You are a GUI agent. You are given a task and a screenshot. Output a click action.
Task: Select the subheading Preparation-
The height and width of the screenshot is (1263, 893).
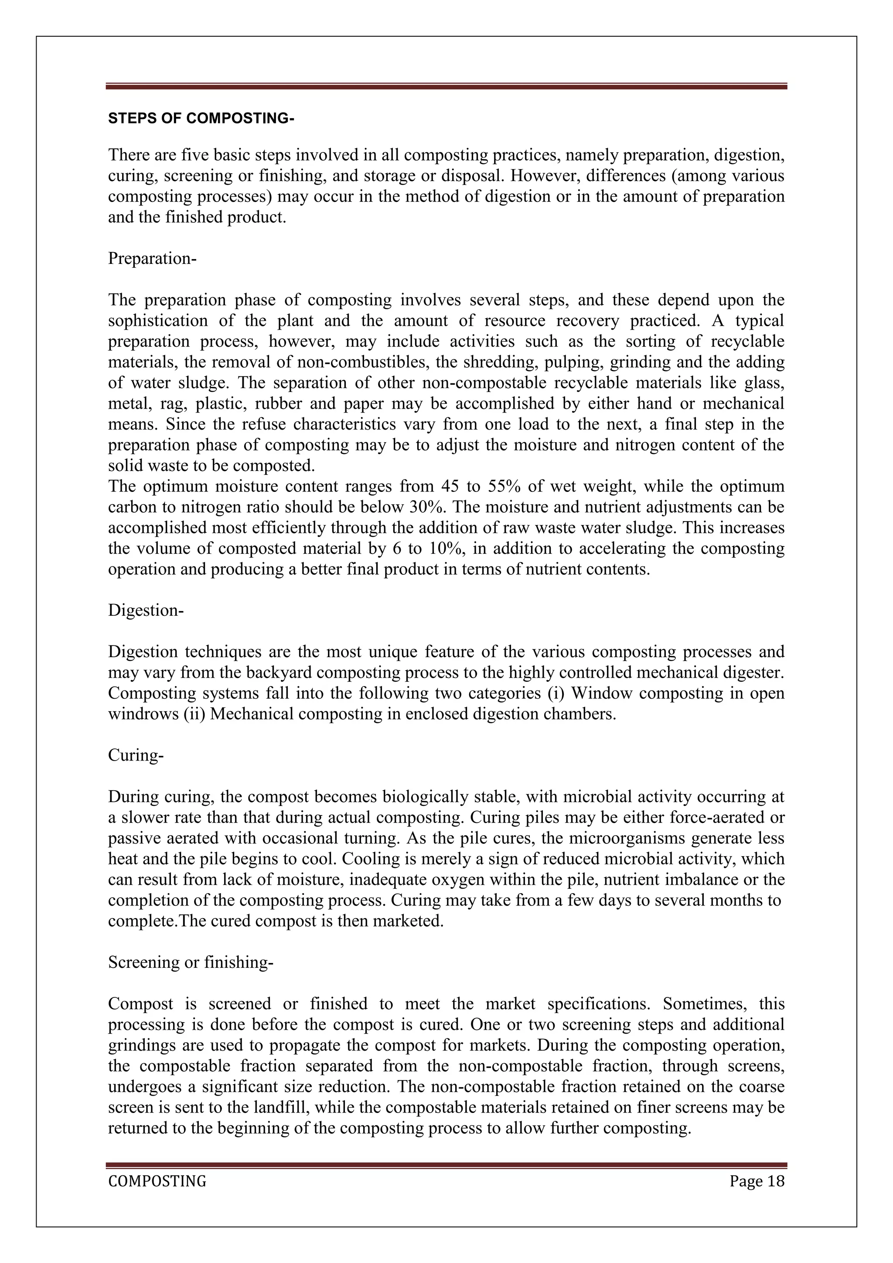pos(152,258)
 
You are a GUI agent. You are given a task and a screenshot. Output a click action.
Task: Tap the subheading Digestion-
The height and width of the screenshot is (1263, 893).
pos(146,610)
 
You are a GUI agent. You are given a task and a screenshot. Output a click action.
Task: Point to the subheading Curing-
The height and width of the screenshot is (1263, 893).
pos(136,755)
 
